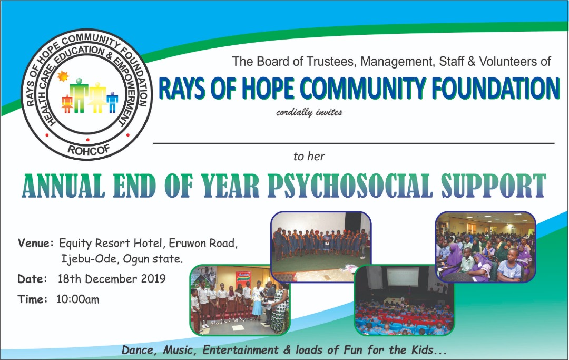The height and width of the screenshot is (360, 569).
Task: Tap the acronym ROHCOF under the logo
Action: (87, 149)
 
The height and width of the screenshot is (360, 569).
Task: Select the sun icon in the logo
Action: (63, 76)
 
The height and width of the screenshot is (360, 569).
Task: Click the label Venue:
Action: (36, 244)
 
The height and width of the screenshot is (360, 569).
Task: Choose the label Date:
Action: (33, 279)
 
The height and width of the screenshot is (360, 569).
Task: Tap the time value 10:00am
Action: (77, 300)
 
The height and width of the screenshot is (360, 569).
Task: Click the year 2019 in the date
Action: (153, 279)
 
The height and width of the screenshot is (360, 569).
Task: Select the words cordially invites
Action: (309, 112)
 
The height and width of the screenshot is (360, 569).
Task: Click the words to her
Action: (309, 156)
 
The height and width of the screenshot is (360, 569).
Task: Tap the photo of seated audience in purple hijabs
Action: (485, 247)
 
